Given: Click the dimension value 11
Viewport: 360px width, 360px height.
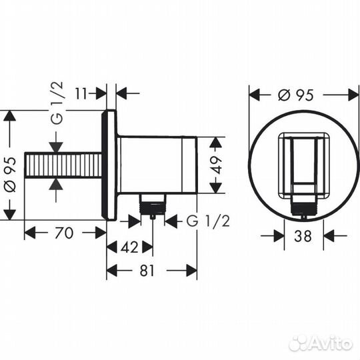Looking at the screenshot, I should coord(81,93).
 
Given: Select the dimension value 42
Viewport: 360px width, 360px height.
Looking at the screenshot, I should coord(131,247).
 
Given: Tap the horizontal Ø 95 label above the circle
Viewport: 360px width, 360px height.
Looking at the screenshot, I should coord(296,94).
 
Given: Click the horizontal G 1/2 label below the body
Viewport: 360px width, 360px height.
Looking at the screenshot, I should coord(207,221).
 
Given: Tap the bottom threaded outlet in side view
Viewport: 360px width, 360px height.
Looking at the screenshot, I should coord(153,203).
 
